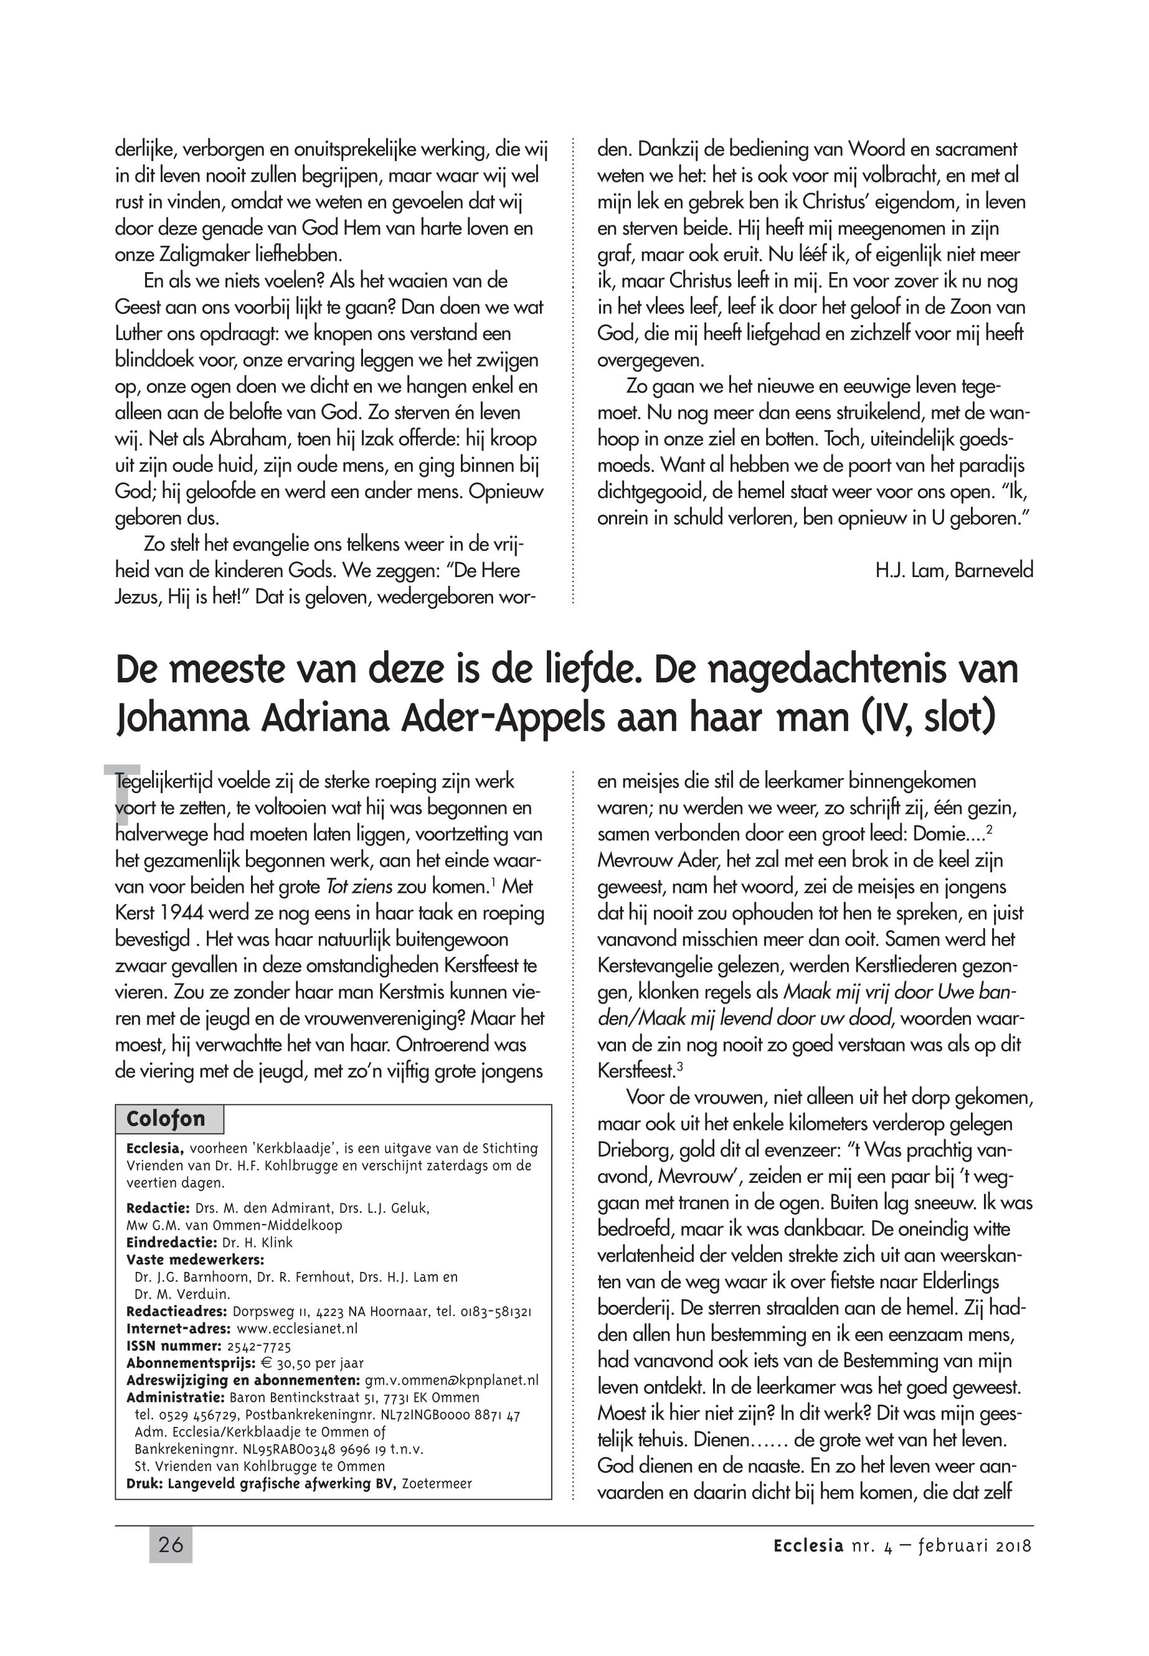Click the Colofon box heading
coord(166,1118)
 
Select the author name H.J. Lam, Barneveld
coord(954,571)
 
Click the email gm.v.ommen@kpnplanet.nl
coord(452,1380)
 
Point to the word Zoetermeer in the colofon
coord(437,1484)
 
